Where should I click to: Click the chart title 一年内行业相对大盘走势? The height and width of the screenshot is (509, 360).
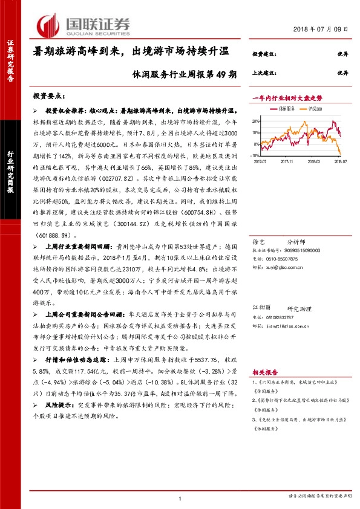tap(288, 97)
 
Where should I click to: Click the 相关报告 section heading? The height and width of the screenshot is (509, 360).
tap(263, 374)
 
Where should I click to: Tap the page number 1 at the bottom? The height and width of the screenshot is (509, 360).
tap(180, 498)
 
